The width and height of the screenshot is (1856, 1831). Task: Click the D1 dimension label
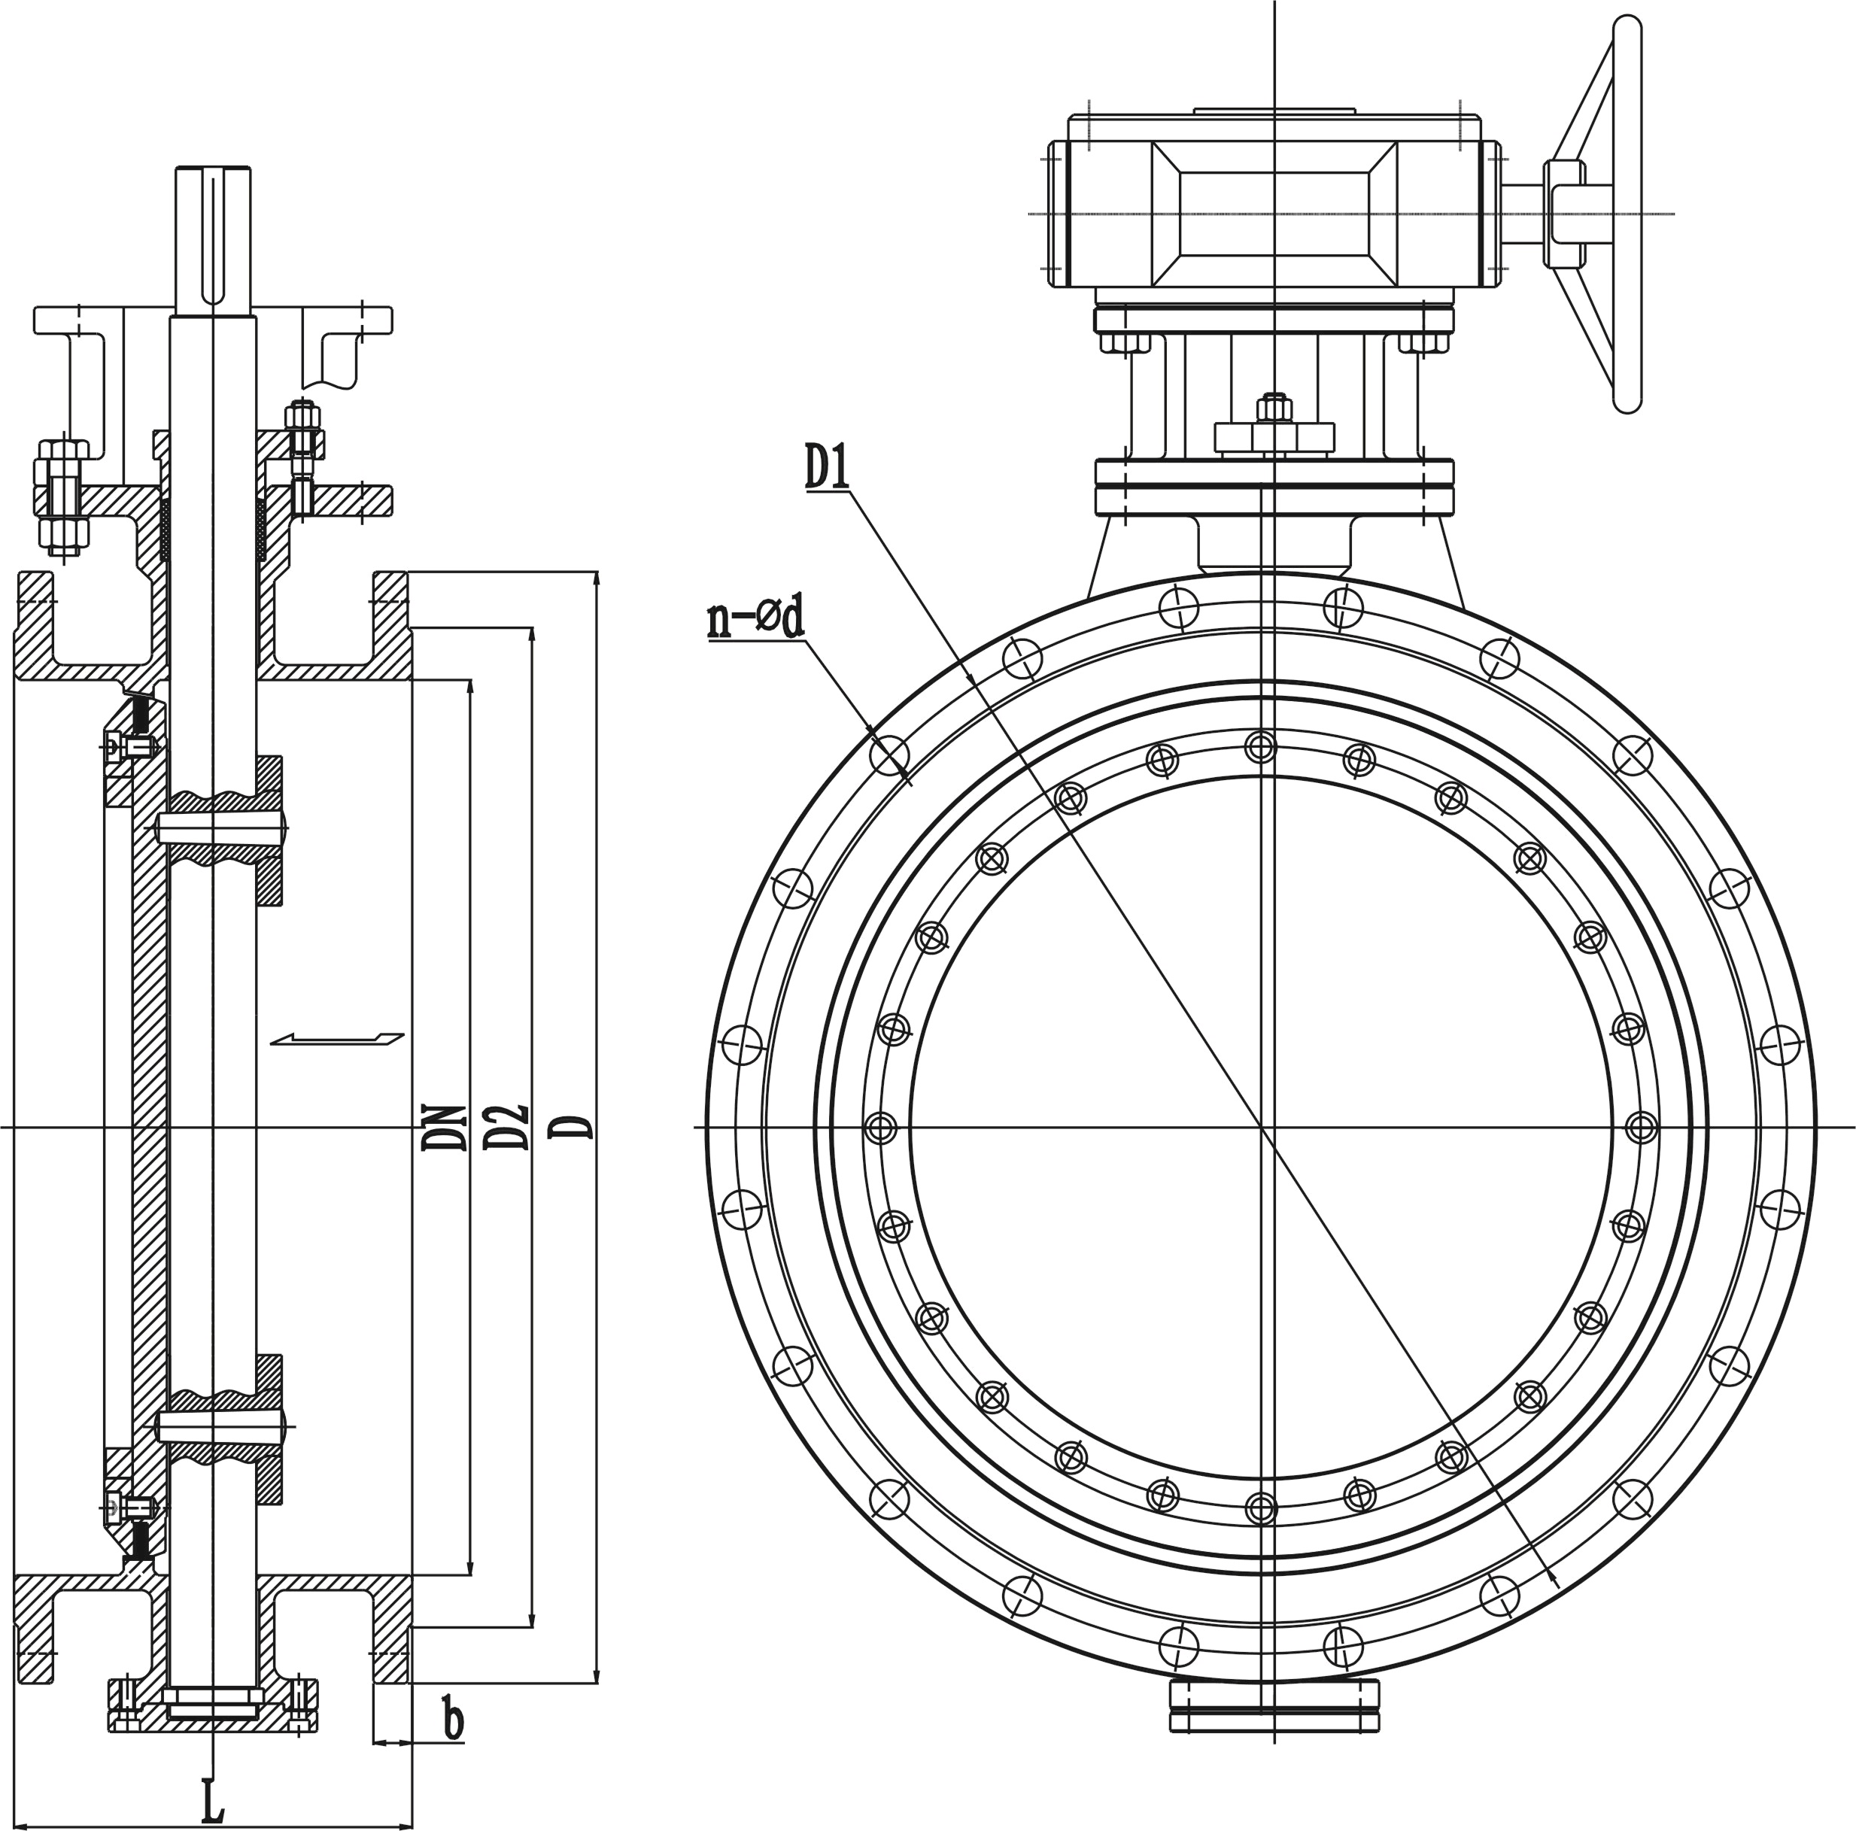click(826, 468)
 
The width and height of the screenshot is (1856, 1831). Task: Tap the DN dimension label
click(444, 1127)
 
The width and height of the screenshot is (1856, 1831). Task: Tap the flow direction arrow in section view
click(337, 1038)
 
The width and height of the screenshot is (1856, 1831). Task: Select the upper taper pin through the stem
click(222, 826)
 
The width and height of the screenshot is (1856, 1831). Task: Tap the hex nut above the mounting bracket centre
click(1274, 409)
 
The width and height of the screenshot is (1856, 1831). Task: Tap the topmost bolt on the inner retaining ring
click(1259, 748)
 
